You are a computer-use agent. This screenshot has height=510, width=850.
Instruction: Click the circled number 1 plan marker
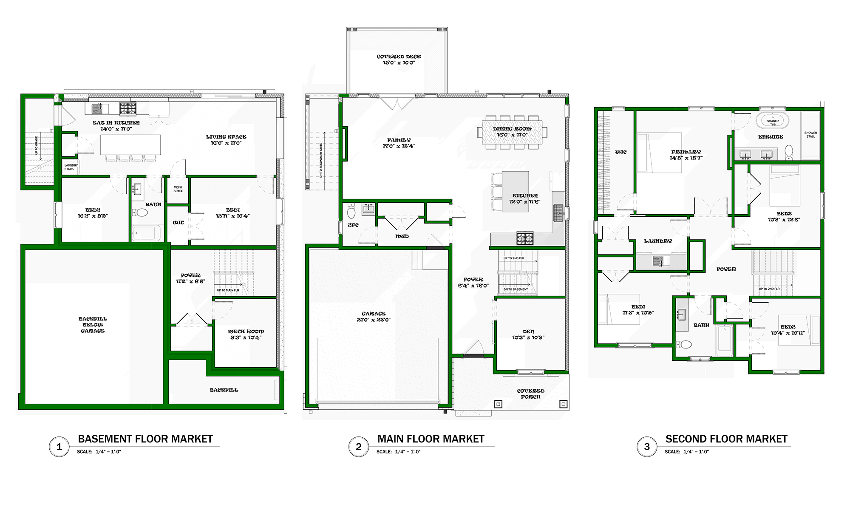59,447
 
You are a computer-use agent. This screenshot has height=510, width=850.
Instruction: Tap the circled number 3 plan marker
647,447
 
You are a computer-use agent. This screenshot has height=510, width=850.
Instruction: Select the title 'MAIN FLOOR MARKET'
431,439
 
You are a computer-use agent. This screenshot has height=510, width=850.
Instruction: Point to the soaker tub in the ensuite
773,121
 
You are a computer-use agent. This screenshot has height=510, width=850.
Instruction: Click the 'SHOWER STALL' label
810,135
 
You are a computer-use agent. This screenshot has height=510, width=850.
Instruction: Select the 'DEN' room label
528,331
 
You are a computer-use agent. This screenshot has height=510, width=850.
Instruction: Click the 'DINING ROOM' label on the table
512,129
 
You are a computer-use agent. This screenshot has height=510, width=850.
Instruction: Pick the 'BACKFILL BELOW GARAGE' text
93,325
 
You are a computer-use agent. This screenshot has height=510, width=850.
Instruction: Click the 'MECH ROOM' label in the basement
246,331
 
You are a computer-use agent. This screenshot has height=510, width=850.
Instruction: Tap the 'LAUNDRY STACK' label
71,167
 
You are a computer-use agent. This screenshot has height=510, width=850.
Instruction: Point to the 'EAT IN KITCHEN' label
116,123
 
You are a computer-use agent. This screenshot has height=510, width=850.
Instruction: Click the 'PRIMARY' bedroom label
686,152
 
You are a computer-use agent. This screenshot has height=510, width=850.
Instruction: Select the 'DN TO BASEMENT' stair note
516,289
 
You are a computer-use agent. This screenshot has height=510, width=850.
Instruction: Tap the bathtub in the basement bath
146,233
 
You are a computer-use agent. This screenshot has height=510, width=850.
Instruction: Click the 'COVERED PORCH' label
530,394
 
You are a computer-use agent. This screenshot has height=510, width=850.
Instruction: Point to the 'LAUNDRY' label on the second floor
658,241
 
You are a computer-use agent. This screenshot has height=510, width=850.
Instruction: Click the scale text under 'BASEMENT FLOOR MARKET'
99,452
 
